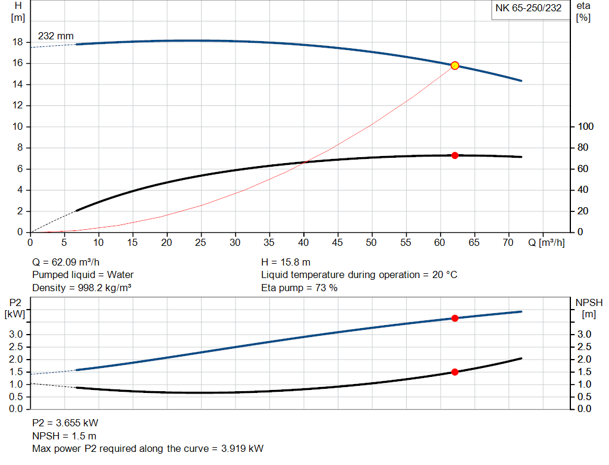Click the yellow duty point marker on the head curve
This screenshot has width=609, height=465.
click(455, 65)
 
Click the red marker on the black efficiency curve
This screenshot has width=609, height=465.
click(455, 155)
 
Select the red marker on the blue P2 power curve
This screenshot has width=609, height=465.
click(455, 319)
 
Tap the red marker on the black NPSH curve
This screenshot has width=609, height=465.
click(455, 372)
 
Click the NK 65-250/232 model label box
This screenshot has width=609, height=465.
click(528, 8)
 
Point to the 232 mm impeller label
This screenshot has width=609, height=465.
click(56, 36)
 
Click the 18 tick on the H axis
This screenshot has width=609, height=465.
click(18, 42)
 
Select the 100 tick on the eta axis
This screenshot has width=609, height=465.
click(586, 127)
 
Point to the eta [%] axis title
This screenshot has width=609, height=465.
click(583, 11)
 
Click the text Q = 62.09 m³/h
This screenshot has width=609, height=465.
click(65, 262)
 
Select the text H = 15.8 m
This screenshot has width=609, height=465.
click(286, 262)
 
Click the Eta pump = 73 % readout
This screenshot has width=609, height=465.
click(299, 288)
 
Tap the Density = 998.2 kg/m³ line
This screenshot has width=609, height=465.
click(81, 288)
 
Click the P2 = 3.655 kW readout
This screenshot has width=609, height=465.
click(65, 423)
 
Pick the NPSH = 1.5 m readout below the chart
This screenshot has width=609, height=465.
click(64, 436)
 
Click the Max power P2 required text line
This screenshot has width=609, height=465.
click(147, 448)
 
